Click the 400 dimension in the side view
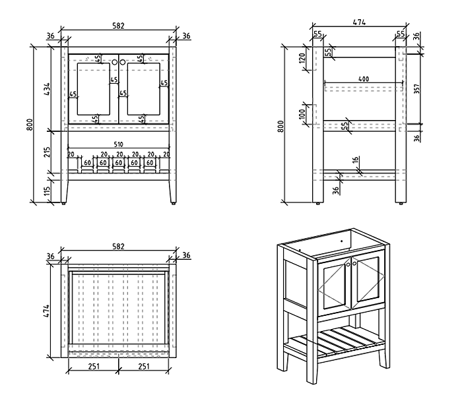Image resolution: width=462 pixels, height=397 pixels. tap(364, 79)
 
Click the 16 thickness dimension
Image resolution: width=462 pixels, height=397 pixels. tap(356, 160)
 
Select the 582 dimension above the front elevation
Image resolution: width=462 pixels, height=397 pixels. tap(119, 26)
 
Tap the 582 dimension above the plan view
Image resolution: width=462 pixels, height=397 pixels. tap(119, 245)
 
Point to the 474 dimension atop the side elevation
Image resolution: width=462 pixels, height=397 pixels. tap(360, 22)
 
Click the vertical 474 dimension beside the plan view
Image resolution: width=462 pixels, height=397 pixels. tap(47, 310)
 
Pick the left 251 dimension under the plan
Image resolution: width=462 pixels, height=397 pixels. tap(94, 367)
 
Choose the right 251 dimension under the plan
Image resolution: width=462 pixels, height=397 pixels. tap(144, 367)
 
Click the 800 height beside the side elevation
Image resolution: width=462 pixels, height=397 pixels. tap(282, 125)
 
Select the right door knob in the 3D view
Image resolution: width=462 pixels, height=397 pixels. tap(354, 264)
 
